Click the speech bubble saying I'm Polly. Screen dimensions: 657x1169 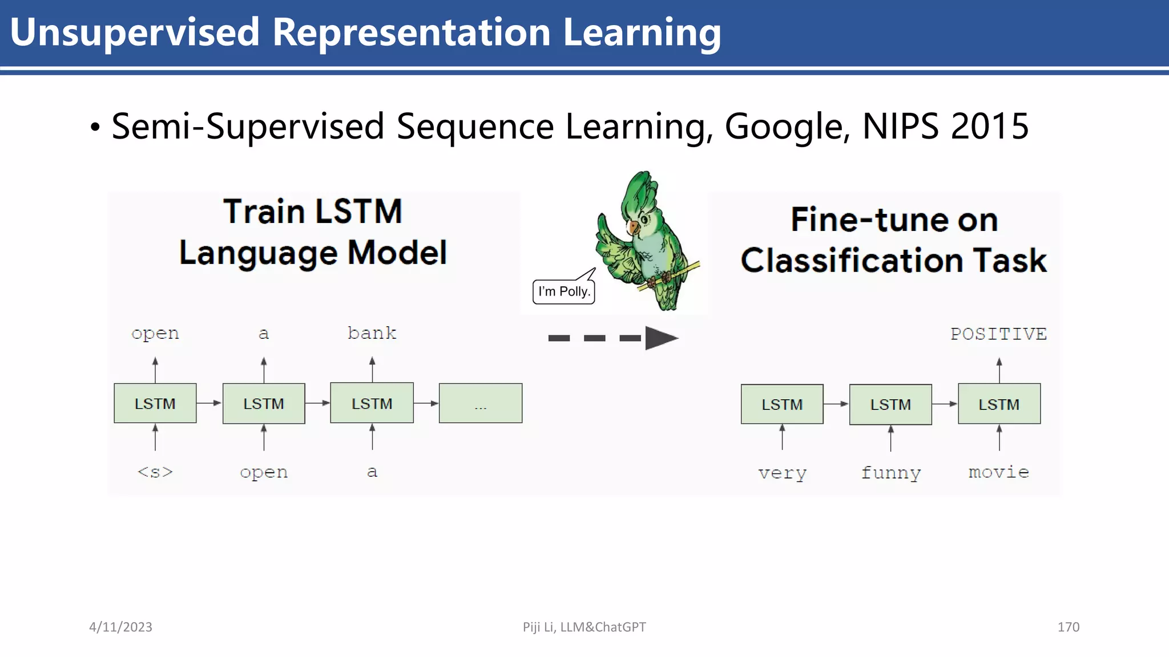coord(564,291)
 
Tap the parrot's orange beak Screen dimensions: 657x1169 coord(632,228)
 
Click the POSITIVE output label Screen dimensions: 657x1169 coord(998,334)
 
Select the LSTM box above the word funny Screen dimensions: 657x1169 coord(890,404)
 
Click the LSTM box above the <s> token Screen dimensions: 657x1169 coord(155,404)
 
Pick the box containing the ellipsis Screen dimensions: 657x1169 coord(481,404)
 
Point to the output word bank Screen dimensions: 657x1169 coord(372,333)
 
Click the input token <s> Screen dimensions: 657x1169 coord(155,472)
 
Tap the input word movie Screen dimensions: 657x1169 coord(998,472)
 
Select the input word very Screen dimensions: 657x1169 coord(782,473)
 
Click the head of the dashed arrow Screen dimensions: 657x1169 coord(661,338)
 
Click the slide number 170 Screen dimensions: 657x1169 coord(1068,627)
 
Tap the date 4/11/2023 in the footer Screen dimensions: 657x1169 coord(120,627)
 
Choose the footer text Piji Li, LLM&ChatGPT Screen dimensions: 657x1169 coord(584,627)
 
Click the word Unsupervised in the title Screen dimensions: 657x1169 coord(135,33)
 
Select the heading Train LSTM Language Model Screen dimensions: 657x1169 coord(313,232)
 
